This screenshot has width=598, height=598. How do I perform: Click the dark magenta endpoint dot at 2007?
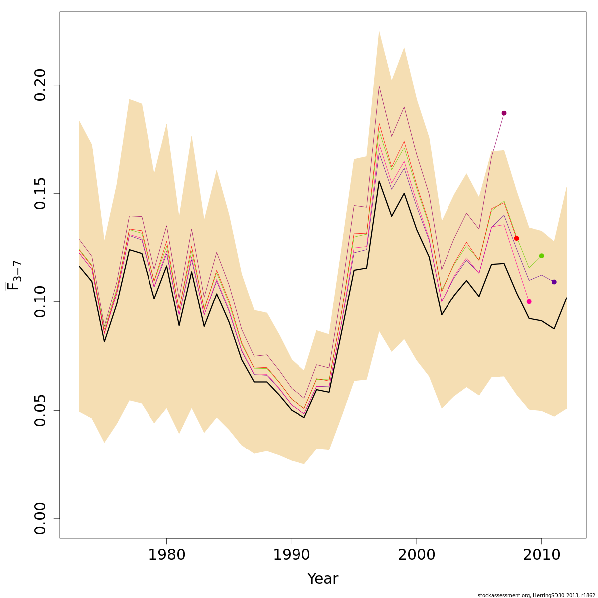pos(504,113)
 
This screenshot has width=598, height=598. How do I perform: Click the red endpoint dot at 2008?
pos(516,238)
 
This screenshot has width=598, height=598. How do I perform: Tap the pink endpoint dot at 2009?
pos(529,301)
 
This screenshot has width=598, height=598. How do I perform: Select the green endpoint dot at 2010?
pos(541,256)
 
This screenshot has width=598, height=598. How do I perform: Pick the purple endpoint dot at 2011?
pos(554,282)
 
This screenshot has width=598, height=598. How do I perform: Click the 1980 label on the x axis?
pos(166,555)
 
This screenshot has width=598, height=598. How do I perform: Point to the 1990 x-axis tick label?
pos(292,555)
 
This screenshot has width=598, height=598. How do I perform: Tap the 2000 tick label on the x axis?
pos(416,555)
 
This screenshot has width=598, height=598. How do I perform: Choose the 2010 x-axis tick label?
pos(541,555)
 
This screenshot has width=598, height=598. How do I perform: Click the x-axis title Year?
pos(322,579)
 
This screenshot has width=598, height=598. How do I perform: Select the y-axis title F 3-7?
pos(14,275)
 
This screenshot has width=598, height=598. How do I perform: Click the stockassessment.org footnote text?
pos(536,595)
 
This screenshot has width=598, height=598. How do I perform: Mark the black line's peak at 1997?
pos(379,181)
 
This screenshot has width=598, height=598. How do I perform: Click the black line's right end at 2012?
pos(567,298)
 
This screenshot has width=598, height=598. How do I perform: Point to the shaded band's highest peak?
pos(379,31)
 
